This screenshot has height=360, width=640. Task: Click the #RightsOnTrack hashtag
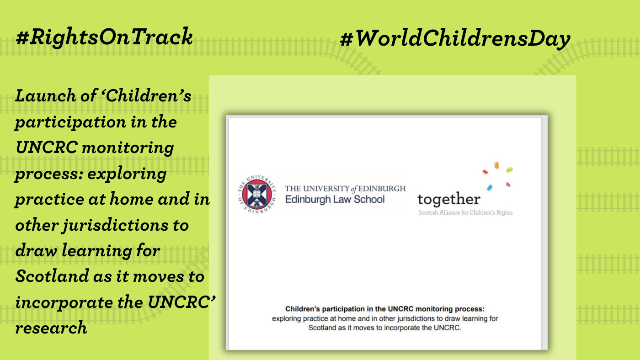(x=104, y=37)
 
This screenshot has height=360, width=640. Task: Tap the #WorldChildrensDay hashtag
(x=455, y=38)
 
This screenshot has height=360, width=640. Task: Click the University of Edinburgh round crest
(x=257, y=195)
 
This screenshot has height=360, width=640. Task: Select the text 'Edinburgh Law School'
(x=335, y=200)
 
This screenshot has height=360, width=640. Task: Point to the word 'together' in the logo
(x=448, y=199)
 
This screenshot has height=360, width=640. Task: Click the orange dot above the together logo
(x=496, y=165)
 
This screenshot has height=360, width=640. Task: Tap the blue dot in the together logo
(x=490, y=188)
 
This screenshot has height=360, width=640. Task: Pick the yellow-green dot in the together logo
(x=509, y=170)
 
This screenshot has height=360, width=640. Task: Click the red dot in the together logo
(x=485, y=172)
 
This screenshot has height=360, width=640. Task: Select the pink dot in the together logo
(x=508, y=185)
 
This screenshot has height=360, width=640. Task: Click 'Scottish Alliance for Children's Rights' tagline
(x=465, y=213)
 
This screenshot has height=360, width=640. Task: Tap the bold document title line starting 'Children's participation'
(x=385, y=309)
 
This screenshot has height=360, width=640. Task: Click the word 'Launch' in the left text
(x=46, y=95)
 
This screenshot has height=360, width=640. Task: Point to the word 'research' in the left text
(x=51, y=328)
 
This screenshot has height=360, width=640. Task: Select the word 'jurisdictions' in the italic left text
(x=115, y=226)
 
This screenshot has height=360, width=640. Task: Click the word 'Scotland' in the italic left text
(x=52, y=276)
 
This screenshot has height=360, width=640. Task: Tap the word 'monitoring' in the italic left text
(x=128, y=148)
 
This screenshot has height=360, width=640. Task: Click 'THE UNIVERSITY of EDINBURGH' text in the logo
(x=345, y=189)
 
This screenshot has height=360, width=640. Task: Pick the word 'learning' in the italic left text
(x=96, y=251)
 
